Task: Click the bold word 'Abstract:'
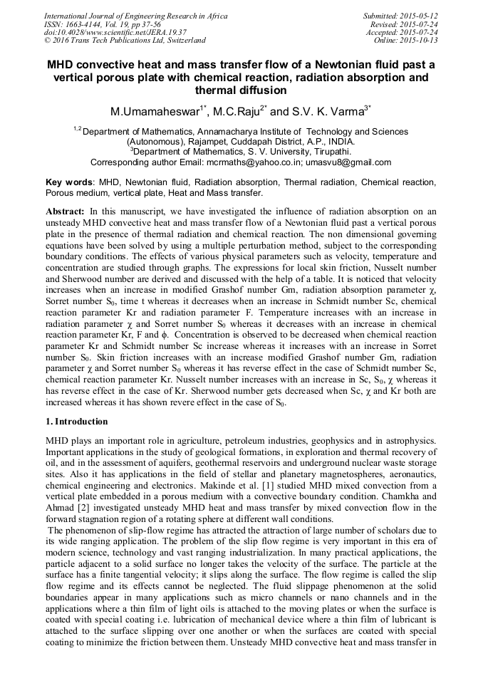click(66, 212)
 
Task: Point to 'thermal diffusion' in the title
click(241, 90)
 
